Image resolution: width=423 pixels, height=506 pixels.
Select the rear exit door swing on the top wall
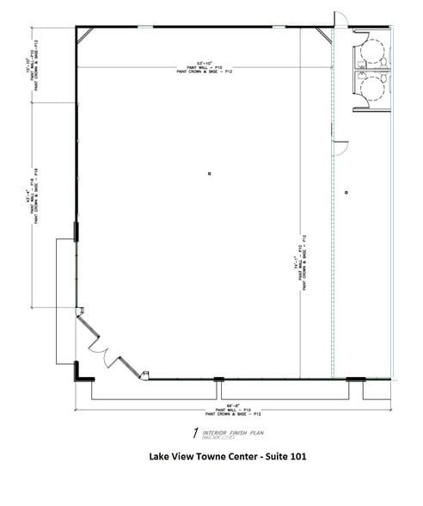[339, 18]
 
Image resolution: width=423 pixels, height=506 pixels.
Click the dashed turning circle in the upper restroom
[372, 52]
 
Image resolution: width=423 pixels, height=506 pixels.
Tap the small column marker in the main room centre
[208, 175]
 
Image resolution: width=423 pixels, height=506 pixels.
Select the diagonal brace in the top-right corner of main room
[323, 35]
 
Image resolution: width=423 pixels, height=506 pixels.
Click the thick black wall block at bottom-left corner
[79, 372]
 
